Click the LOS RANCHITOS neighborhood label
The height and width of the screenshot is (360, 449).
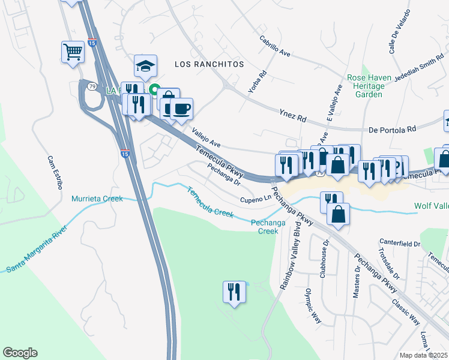click(209, 64)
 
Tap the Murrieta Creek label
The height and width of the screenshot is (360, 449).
click(97, 199)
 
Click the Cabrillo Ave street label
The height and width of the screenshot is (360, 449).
click(275, 46)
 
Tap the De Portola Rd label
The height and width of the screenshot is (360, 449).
click(392, 129)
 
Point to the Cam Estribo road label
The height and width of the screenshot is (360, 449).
click(55, 172)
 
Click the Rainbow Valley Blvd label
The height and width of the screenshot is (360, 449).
click(289, 256)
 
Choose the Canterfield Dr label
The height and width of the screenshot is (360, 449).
click(400, 244)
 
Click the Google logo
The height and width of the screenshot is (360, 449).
click(20, 353)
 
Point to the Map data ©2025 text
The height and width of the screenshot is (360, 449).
click(424, 355)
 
